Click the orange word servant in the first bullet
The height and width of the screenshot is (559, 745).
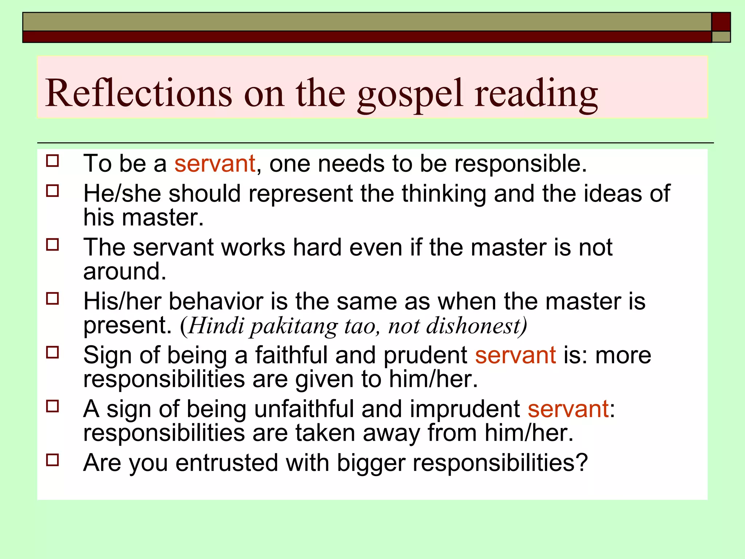click(x=215, y=163)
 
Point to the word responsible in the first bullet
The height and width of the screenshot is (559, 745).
click(x=520, y=163)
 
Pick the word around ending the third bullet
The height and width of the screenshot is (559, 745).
click(x=124, y=271)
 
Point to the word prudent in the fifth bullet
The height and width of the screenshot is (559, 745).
click(x=425, y=355)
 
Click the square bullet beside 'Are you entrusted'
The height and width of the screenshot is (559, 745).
click(x=53, y=460)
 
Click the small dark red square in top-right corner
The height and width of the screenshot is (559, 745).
click(x=721, y=22)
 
